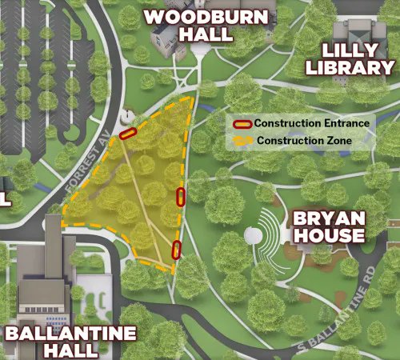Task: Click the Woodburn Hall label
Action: click(x=189, y=26)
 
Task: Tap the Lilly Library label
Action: click(x=362, y=59)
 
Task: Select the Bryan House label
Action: click(x=328, y=227)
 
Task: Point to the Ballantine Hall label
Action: click(x=70, y=342)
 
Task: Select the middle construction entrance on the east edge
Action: click(x=181, y=196)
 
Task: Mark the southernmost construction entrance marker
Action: click(x=176, y=250)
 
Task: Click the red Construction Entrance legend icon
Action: click(x=243, y=123)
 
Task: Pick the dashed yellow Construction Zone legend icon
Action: click(x=243, y=141)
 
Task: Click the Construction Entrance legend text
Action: click(x=311, y=123)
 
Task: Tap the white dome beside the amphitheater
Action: click(x=254, y=236)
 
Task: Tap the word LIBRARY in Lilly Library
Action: click(x=362, y=68)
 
